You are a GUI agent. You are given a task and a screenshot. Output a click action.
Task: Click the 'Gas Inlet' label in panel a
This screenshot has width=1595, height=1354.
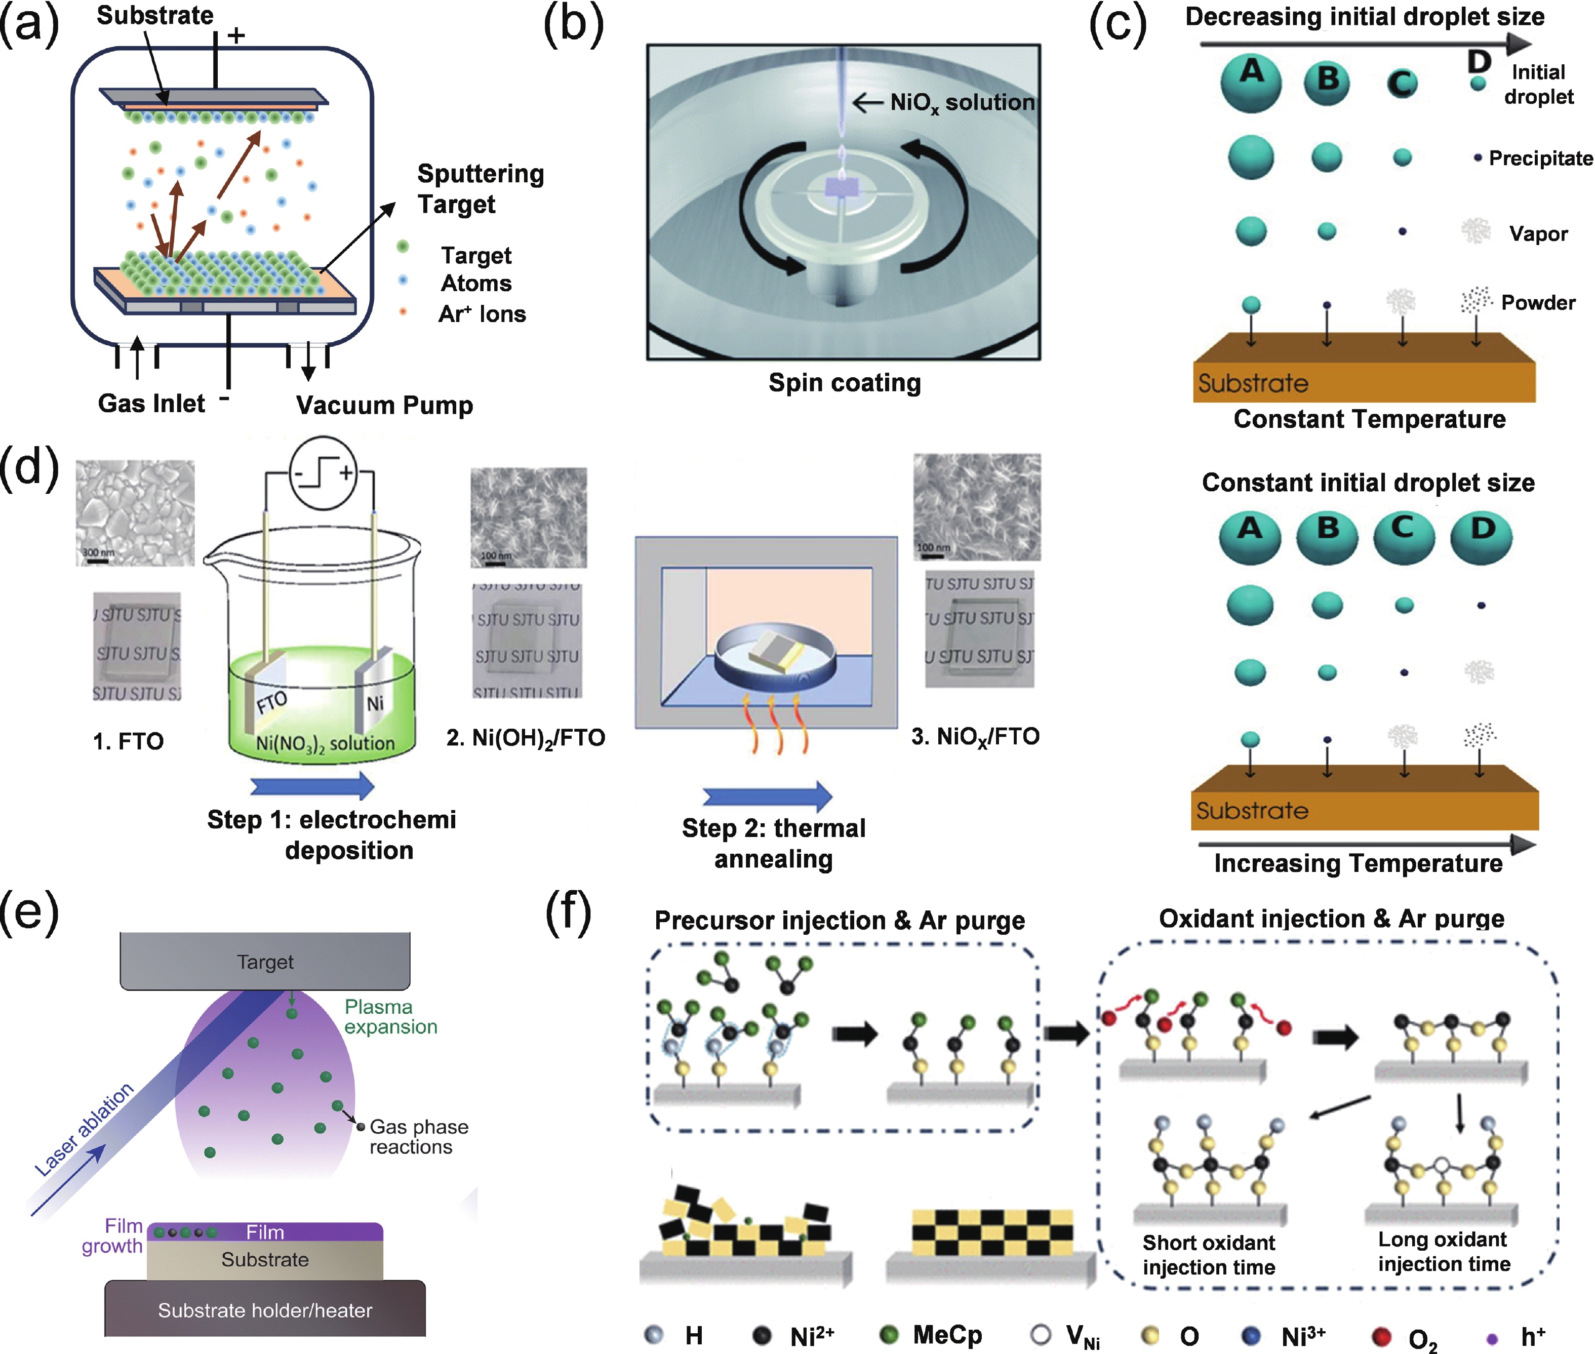click(x=151, y=403)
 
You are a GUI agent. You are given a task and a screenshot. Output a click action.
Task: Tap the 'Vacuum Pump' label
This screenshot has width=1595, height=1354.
click(x=384, y=405)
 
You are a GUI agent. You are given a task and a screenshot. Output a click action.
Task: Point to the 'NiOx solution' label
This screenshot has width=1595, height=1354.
click(x=962, y=103)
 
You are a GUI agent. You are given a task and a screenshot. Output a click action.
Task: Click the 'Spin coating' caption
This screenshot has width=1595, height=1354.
click(x=844, y=382)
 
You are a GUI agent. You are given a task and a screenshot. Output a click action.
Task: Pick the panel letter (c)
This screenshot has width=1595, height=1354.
click(x=1118, y=25)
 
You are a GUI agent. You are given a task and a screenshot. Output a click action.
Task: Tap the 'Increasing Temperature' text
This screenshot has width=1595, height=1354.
click(x=1358, y=863)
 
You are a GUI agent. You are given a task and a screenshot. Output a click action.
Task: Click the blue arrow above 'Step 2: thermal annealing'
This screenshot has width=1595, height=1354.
click(x=767, y=796)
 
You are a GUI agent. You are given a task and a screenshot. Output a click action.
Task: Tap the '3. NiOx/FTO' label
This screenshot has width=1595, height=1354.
click(x=975, y=737)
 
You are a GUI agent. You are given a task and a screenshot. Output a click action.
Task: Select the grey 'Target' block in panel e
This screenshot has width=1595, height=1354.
click(x=265, y=961)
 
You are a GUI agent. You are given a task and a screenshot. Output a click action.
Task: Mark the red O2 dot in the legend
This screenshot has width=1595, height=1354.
click(x=1382, y=1336)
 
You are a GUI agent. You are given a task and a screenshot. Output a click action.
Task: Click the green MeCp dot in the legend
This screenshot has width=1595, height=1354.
click(x=889, y=1336)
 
